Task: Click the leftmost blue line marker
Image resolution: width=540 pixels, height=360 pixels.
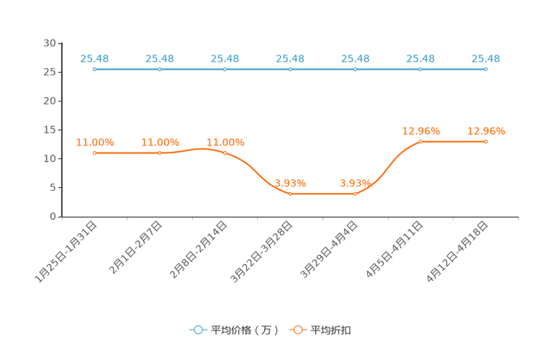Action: point(94,69)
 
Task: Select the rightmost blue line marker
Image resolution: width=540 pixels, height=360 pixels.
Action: point(486,69)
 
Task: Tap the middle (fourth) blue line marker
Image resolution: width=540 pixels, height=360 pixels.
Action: point(290,69)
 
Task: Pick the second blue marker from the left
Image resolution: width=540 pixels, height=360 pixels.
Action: point(160,69)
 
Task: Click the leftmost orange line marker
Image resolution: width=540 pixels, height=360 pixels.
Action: point(94,153)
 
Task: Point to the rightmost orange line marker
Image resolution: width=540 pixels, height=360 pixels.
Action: point(486,142)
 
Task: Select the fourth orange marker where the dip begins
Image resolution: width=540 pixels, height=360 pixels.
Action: point(290,194)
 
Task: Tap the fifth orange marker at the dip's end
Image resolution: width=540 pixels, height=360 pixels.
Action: point(356,194)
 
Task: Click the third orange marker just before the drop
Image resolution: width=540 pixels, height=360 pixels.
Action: point(225,152)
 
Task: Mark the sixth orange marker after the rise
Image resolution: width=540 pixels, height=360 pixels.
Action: point(421,142)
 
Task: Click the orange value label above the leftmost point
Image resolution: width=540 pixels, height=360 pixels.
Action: point(94,142)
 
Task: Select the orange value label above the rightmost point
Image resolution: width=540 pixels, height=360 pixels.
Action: point(486,131)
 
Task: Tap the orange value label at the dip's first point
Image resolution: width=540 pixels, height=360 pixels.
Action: point(290,184)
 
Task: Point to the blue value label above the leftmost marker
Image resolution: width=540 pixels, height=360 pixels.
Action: point(94,58)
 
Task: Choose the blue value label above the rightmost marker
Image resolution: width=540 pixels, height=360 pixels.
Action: point(486,58)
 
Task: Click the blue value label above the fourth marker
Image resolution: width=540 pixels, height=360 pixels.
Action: point(290,58)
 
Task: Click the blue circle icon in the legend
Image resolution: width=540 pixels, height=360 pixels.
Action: point(198,330)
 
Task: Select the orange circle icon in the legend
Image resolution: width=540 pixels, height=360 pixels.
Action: point(298,330)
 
